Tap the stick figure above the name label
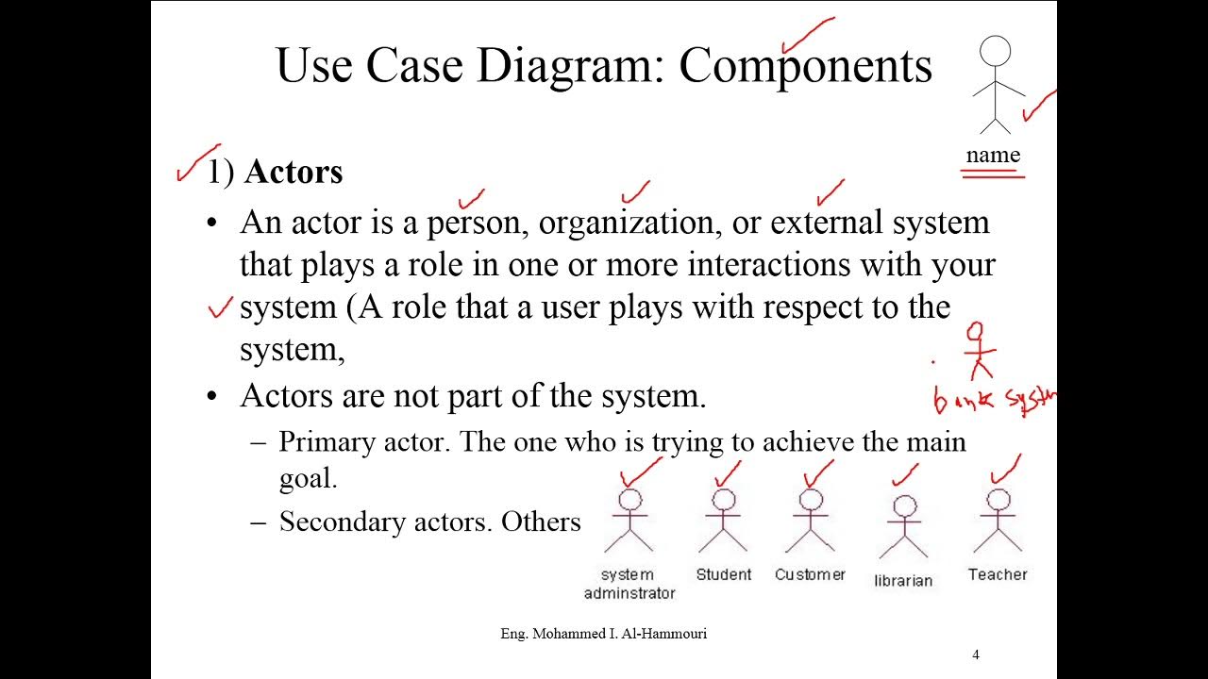click(995, 86)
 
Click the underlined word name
click(993, 156)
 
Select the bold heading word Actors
click(294, 172)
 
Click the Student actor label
click(724, 574)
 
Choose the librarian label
click(903, 581)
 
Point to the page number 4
click(976, 654)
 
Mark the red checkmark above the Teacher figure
click(1006, 467)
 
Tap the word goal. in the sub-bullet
click(308, 479)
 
